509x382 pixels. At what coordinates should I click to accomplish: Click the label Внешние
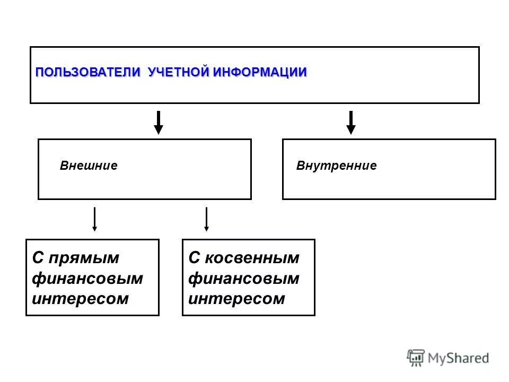pyautogui.click(x=89, y=166)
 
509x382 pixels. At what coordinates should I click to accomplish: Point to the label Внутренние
pyautogui.click(x=336, y=166)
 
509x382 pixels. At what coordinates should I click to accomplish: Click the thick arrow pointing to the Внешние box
pyautogui.click(x=158, y=122)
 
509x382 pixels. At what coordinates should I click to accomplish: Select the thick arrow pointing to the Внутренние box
pyautogui.click(x=350, y=122)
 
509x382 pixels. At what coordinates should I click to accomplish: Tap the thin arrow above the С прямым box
pyautogui.click(x=94, y=219)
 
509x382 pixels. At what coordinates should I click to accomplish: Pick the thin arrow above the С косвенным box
pyautogui.click(x=206, y=219)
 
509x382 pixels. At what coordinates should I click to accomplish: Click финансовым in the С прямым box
pyautogui.click(x=87, y=278)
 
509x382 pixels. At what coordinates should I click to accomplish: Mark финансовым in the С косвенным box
pyautogui.click(x=244, y=278)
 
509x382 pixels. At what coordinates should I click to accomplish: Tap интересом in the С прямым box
pyautogui.click(x=80, y=298)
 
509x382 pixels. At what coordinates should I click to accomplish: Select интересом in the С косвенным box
pyautogui.click(x=236, y=298)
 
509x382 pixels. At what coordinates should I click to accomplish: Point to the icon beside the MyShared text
pyautogui.click(x=416, y=358)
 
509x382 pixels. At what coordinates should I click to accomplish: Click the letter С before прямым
pyautogui.click(x=38, y=258)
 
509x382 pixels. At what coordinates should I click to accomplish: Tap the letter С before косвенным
pyautogui.click(x=194, y=258)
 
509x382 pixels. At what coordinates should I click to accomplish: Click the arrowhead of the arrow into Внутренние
pyautogui.click(x=350, y=129)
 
